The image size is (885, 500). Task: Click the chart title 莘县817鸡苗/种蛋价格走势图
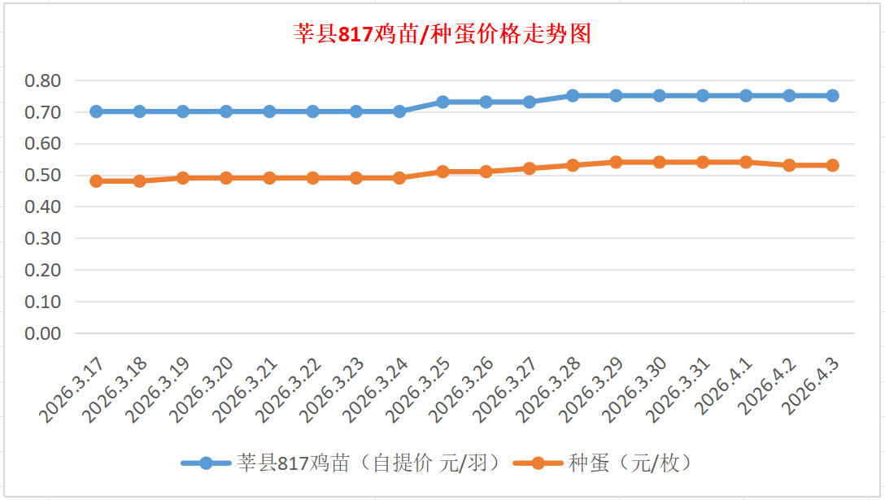(442, 34)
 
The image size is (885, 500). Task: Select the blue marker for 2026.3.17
(96, 111)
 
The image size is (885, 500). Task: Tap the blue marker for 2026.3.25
(442, 102)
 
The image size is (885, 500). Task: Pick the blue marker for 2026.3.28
(573, 95)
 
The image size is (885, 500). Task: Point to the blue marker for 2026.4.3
(833, 95)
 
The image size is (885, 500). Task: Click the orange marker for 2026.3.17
(96, 181)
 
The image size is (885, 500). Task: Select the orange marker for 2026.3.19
(183, 178)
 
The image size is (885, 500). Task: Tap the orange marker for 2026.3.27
(530, 168)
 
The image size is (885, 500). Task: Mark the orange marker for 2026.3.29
(616, 162)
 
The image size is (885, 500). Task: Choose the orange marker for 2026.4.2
(789, 165)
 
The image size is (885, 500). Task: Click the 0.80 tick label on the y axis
(42, 80)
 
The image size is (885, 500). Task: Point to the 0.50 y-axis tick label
(42, 176)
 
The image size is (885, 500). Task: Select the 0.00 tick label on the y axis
(42, 333)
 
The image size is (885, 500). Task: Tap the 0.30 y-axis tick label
(42, 238)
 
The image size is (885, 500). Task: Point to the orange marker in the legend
(537, 463)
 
